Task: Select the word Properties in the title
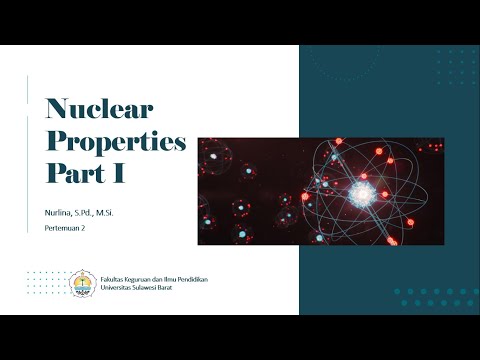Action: (x=117, y=142)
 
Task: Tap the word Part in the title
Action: (x=74, y=173)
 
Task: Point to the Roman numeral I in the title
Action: (x=118, y=173)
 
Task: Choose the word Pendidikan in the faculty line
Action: (x=203, y=275)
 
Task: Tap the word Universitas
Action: (x=121, y=284)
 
